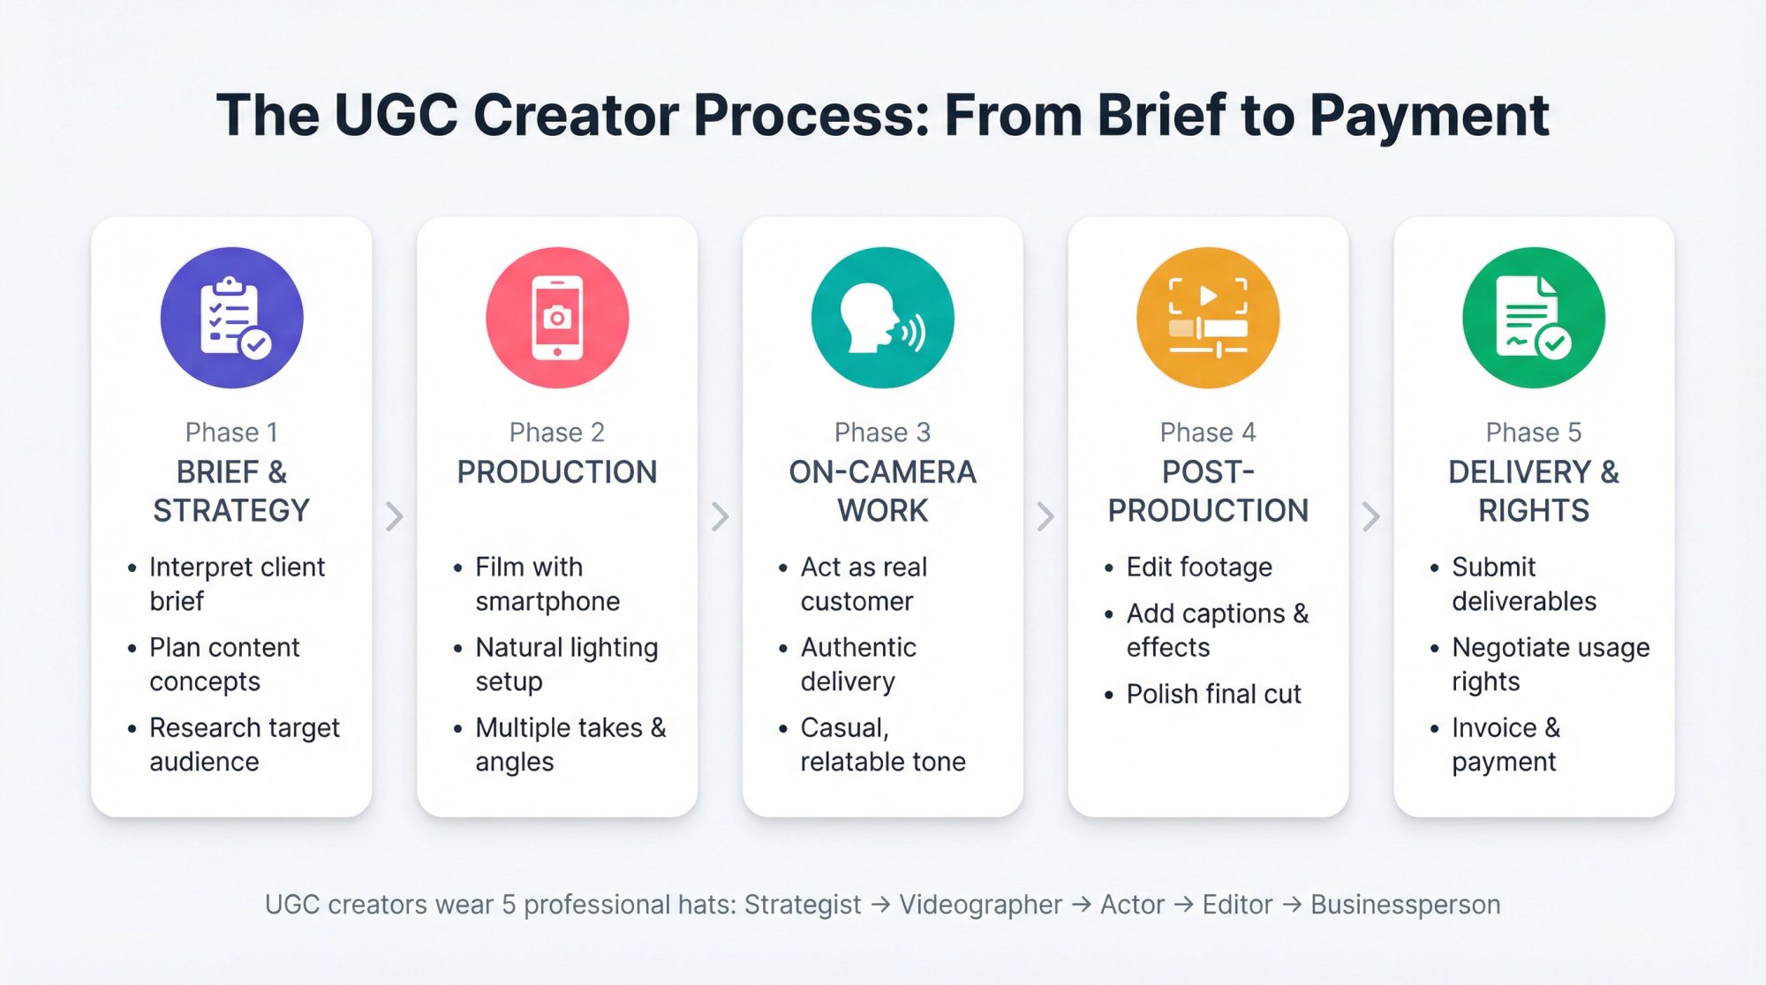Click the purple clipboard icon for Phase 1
click(x=231, y=318)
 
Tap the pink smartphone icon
click(x=557, y=318)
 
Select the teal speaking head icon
click(x=882, y=318)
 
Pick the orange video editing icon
click(x=1208, y=318)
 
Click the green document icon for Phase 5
click(x=1534, y=318)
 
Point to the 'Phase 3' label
click(x=882, y=432)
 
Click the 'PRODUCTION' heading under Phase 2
click(x=557, y=472)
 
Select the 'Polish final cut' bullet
click(x=1213, y=694)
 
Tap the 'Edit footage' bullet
click(x=1199, y=567)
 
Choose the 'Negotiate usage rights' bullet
click(x=1550, y=664)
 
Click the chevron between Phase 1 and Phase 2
click(x=395, y=516)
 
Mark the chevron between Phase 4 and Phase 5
click(x=1370, y=516)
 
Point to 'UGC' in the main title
click(x=396, y=116)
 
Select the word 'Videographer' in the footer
click(x=980, y=905)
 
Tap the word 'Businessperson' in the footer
click(x=1405, y=905)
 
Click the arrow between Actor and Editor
click(x=1184, y=905)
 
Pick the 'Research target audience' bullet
click(x=244, y=744)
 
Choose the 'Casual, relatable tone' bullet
click(x=882, y=744)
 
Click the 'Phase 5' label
click(x=1534, y=432)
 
